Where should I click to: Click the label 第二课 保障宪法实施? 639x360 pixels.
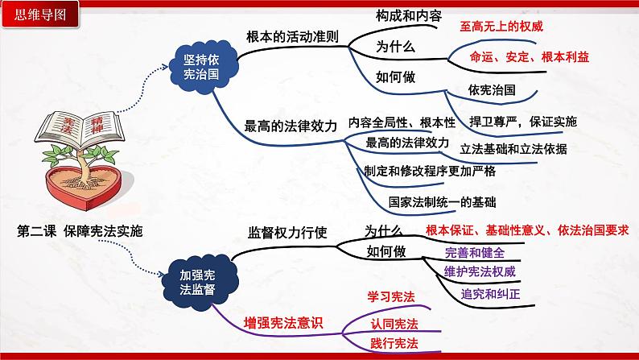click(80, 231)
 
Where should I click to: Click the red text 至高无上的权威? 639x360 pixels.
click(501, 27)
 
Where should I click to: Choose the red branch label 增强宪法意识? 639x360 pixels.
click(282, 324)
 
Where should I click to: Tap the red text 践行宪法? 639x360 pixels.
click(394, 344)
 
